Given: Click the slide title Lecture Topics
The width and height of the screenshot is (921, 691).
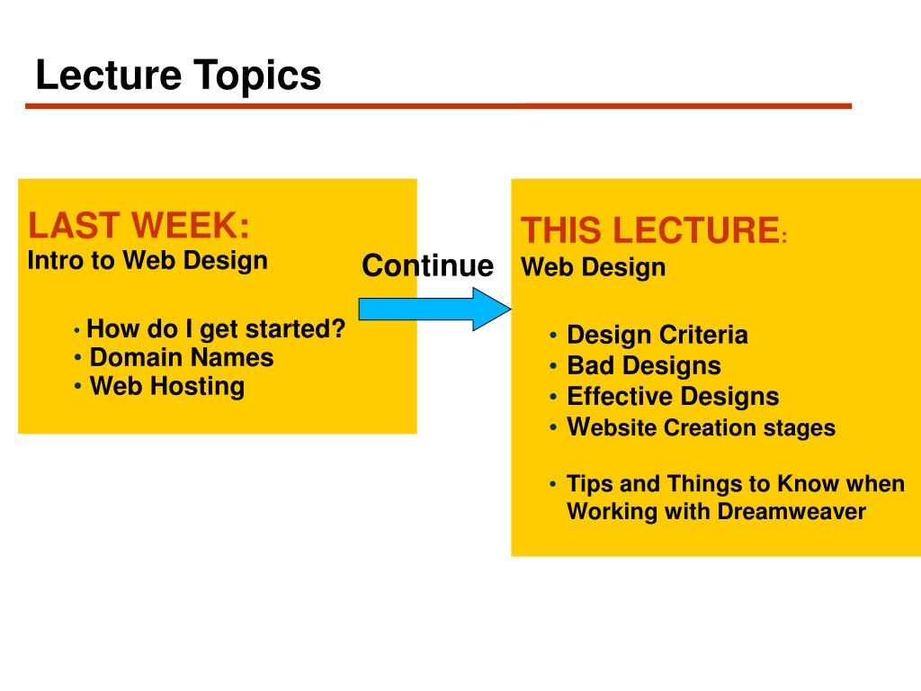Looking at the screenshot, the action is tap(179, 76).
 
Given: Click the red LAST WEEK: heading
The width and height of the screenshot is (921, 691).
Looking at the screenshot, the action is tap(139, 225).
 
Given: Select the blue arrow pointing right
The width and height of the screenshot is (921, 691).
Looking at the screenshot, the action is tap(434, 310).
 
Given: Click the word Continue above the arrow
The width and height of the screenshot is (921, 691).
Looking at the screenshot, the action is tap(427, 265).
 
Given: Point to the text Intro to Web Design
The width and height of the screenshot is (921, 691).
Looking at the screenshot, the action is tap(148, 260).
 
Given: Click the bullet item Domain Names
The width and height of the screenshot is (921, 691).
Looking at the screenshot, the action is tap(182, 357).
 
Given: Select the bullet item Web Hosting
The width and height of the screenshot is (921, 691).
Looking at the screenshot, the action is tap(167, 386).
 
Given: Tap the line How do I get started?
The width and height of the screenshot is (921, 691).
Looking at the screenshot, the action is tap(216, 329).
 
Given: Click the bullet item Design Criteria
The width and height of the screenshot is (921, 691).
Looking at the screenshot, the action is tap(657, 335).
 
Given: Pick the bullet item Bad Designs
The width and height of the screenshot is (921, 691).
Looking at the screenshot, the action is tap(644, 365).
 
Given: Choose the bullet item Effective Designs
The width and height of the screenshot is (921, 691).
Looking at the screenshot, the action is tap(673, 396).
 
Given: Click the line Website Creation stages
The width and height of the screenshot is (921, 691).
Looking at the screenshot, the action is tap(702, 427).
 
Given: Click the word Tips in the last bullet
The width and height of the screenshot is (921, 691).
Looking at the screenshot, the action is tap(590, 484).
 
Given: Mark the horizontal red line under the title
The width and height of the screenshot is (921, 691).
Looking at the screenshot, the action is tap(438, 106).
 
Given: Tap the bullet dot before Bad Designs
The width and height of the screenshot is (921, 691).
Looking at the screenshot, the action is tap(553, 366).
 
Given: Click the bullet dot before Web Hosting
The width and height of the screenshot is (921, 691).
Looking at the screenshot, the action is tap(77, 387).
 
